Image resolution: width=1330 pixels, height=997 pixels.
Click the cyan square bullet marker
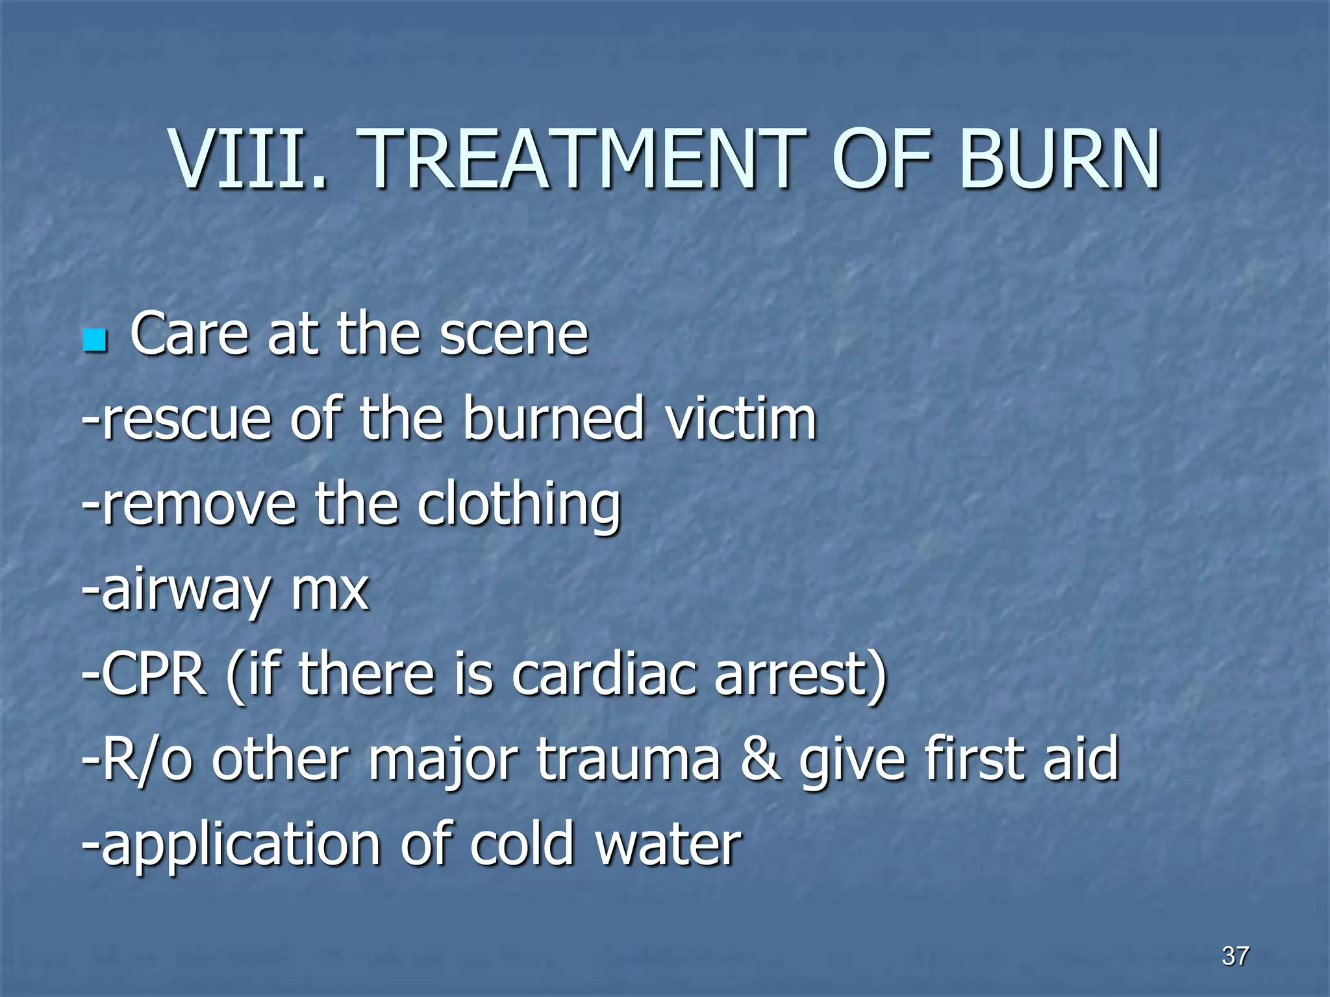[x=95, y=340]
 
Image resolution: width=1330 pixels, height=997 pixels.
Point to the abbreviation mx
[x=331, y=591]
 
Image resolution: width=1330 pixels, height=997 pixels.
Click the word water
[x=668, y=844]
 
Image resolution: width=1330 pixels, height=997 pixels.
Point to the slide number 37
[x=1235, y=956]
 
